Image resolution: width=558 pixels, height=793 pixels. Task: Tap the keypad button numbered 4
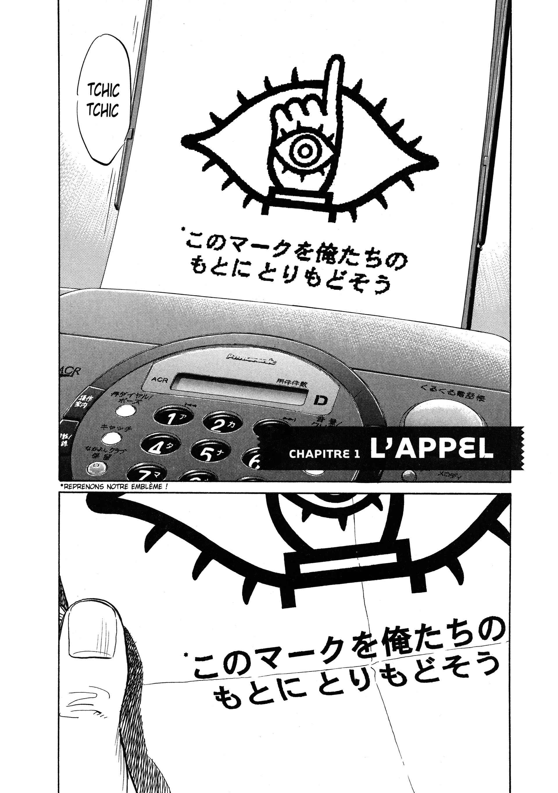coord(156,448)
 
